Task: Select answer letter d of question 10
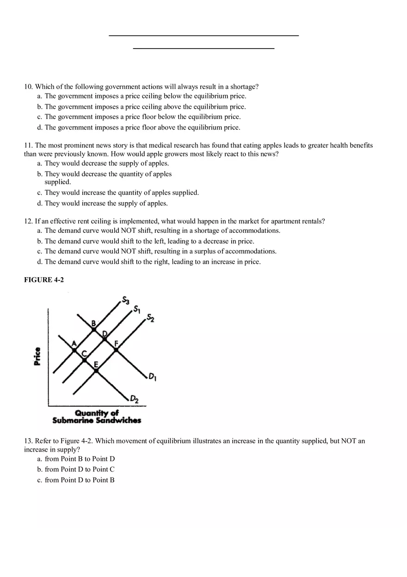pos(40,127)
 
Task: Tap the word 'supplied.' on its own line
pos(57,182)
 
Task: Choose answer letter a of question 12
pos(40,230)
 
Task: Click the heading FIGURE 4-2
pos(44,280)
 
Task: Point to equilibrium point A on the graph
pos(74,350)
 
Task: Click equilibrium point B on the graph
pos(94,329)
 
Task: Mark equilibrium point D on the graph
pos(105,339)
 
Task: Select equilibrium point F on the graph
pos(116,350)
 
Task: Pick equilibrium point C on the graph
pos(85,360)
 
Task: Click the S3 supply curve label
pos(126,299)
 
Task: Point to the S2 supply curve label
pos(150,318)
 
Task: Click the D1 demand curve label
pos(152,378)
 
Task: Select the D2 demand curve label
pos(134,398)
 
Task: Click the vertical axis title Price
pos(37,356)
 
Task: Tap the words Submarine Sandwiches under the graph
pos(97,421)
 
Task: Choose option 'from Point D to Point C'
pos(80,469)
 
